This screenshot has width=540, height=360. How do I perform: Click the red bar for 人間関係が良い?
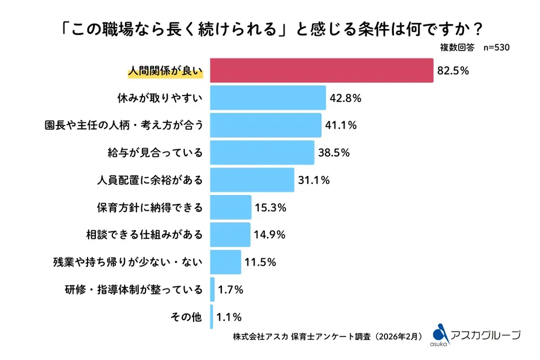coord(322,70)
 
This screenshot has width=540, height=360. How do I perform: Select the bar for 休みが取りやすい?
coord(268,98)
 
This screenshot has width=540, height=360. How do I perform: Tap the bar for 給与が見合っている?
coord(262,152)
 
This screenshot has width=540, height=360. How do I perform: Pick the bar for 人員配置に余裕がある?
coord(252,180)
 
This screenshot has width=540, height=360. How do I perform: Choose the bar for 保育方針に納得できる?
coord(230,207)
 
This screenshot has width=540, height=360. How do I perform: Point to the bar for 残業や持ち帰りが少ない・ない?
coord(226,262)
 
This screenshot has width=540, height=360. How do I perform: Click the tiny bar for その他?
coord(211,317)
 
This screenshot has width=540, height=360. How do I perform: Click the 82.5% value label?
coord(453,71)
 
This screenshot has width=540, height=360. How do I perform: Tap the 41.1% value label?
coord(341,125)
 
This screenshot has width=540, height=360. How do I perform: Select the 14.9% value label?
coord(269,235)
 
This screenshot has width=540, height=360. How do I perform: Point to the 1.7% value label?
coord(230,289)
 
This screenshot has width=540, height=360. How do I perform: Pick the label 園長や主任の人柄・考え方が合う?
coord(124,125)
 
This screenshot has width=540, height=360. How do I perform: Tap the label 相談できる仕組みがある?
coord(144,235)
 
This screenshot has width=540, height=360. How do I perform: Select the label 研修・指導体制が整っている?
coord(134,289)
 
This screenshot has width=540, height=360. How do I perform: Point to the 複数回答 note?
coord(457,47)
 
